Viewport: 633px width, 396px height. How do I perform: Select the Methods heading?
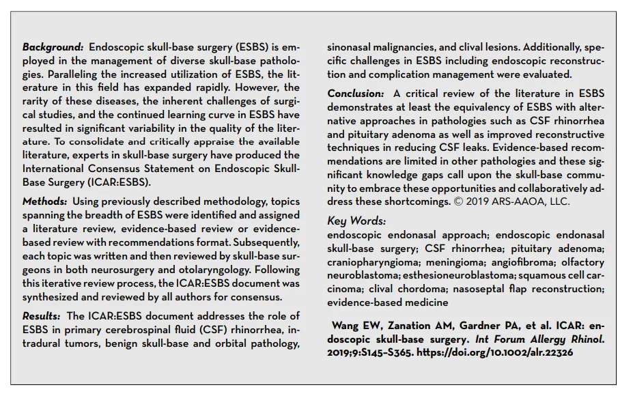[44, 201]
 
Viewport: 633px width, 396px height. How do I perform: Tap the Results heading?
[43, 316]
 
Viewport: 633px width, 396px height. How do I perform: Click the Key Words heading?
[356, 221]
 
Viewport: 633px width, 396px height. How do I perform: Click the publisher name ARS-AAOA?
[512, 202]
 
